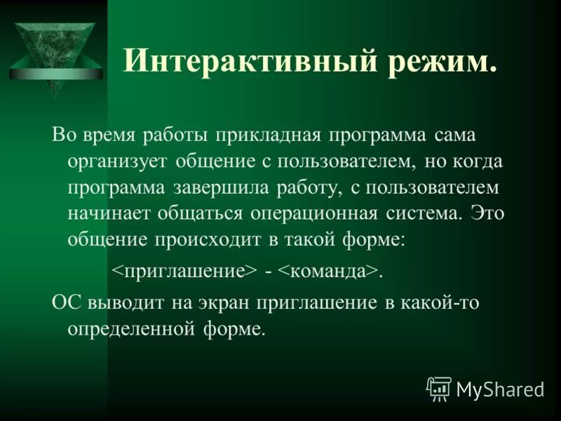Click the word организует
[117, 161]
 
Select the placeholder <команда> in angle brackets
[328, 272]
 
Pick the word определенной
[130, 328]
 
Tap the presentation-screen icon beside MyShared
[439, 388]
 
